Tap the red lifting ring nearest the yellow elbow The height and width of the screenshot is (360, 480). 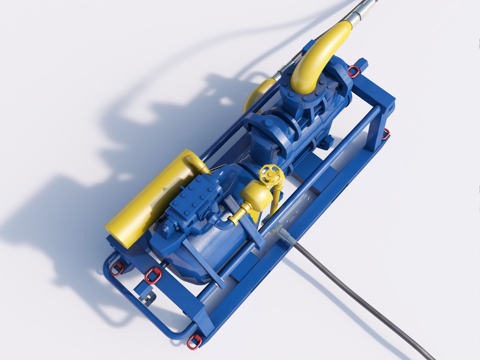354,71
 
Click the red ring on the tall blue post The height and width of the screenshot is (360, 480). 386,134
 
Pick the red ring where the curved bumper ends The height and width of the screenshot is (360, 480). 194,342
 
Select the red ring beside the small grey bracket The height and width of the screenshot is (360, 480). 153,275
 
